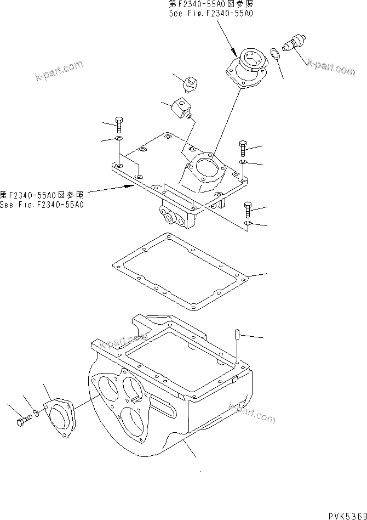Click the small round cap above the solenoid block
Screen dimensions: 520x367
[191, 84]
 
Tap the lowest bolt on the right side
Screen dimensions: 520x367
[248, 207]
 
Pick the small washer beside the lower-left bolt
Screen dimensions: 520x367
[36, 413]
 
